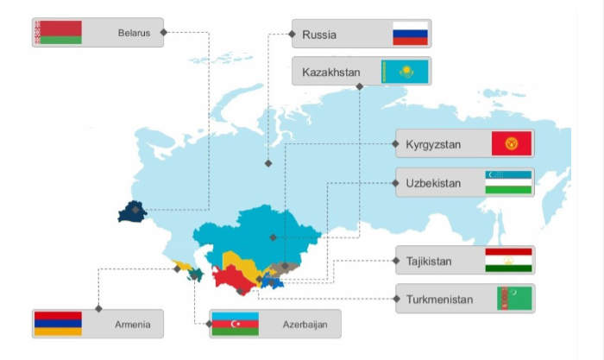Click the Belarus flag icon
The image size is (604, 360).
(x=58, y=33)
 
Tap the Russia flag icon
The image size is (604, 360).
(x=410, y=34)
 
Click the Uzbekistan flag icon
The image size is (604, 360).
(x=508, y=182)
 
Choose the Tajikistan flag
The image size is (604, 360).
(x=508, y=260)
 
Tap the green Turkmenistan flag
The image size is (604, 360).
(x=514, y=299)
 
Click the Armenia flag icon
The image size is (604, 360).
(x=58, y=324)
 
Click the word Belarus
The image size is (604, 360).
(x=134, y=33)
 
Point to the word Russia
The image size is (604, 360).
(x=319, y=35)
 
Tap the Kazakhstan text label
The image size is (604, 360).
(x=331, y=71)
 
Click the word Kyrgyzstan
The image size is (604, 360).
(x=433, y=144)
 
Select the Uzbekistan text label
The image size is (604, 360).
(x=433, y=183)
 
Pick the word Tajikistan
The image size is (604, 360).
(x=429, y=260)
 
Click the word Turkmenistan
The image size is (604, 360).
(x=439, y=300)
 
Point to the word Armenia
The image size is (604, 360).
(x=133, y=325)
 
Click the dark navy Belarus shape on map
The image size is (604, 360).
(x=133, y=211)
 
